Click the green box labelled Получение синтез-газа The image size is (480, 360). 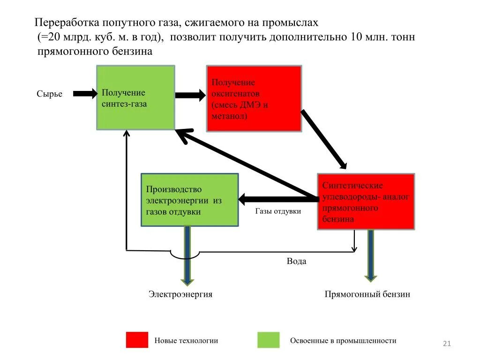tap(135, 97)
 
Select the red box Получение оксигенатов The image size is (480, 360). tap(254, 99)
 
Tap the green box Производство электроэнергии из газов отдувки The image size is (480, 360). tap(189, 200)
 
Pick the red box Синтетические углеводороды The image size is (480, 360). tap(366, 202)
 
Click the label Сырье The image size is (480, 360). tap(49, 94)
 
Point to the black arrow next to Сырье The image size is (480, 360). tap(84, 94)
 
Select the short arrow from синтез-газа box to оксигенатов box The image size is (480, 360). tap(190, 96)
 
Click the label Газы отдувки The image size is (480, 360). tap(278, 211)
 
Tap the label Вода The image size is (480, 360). tap(296, 261)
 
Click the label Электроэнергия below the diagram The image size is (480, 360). tap(180, 294)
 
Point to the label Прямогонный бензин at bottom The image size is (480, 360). tap(367, 294)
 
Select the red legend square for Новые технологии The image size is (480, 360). tap(137, 340)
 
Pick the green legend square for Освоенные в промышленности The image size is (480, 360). tap(268, 340)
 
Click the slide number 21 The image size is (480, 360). tap(446, 345)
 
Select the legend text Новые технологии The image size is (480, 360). tap(186, 341)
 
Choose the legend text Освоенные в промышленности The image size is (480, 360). tap(343, 341)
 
